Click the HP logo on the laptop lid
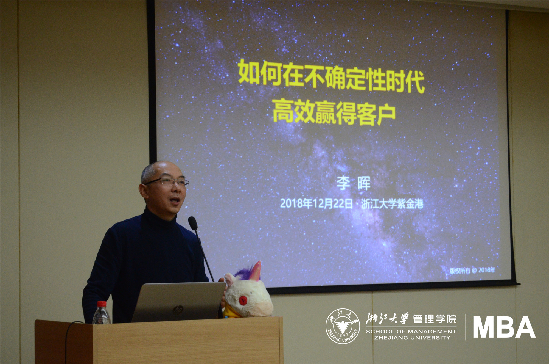pyautogui.click(x=178, y=310)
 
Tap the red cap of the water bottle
pyautogui.click(x=102, y=304)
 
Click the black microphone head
pyautogui.click(x=193, y=223)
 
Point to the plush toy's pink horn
pyautogui.click(x=256, y=271)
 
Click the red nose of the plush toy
pyautogui.click(x=243, y=300)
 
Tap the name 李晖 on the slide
pyautogui.click(x=354, y=183)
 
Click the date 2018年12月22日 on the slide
pyautogui.click(x=316, y=203)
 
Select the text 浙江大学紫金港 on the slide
pyautogui.click(x=392, y=204)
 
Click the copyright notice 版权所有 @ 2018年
pyautogui.click(x=472, y=270)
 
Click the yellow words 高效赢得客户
pyautogui.click(x=334, y=112)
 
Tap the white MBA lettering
pyautogui.click(x=504, y=327)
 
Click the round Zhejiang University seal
pyautogui.click(x=343, y=326)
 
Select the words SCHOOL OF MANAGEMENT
pyautogui.click(x=411, y=332)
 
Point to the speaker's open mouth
pyautogui.click(x=175, y=200)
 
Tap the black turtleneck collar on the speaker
pyautogui.click(x=159, y=216)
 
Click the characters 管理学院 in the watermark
pyautogui.click(x=435, y=319)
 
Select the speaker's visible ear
pyautogui.click(x=144, y=191)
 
